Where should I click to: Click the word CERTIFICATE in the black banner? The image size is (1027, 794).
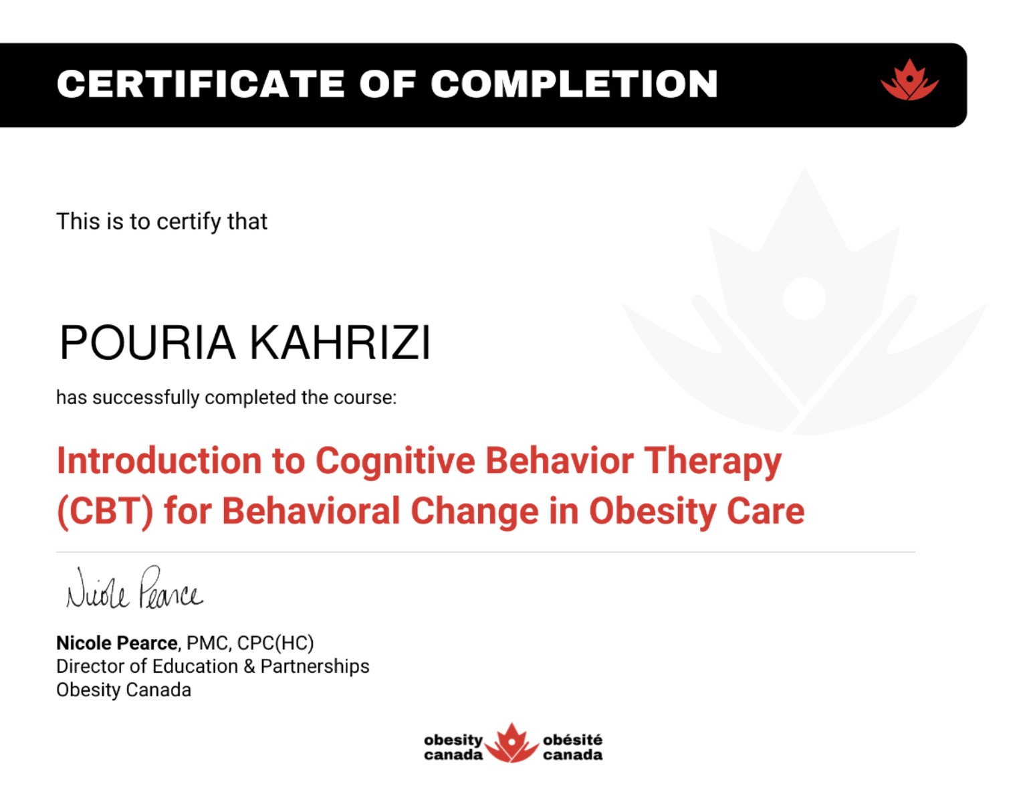tap(201, 84)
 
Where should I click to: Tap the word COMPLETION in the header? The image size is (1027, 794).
tap(574, 84)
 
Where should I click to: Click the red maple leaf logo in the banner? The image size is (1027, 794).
tap(909, 80)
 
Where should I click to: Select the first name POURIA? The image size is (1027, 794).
tap(147, 342)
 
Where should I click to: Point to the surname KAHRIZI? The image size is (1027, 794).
tap(340, 342)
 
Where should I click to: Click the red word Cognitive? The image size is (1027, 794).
tap(395, 462)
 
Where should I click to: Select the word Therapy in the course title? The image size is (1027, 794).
tap(713, 462)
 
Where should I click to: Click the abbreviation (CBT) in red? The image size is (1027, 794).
tap(105, 512)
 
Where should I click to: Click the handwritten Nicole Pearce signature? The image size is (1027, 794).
tap(134, 588)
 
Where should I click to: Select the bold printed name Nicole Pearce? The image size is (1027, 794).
tap(117, 643)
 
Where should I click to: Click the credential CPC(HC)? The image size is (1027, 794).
tap(275, 643)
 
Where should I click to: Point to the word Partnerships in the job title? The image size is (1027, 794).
tap(315, 667)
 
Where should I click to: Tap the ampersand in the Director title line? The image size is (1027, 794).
tap(249, 666)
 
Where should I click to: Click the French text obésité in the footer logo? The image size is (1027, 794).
tap(572, 739)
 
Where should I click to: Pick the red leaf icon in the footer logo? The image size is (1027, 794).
tap(511, 743)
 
